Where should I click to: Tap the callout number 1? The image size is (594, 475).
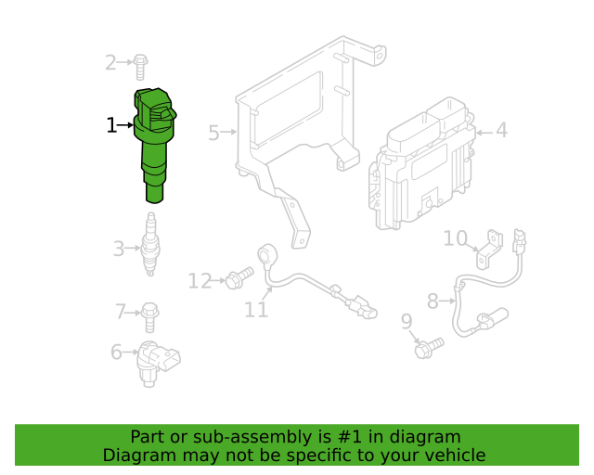[111, 125]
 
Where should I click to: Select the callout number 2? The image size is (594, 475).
[110, 63]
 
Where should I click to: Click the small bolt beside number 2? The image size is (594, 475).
[140, 66]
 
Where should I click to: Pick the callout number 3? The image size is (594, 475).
[119, 249]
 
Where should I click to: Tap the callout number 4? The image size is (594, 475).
[501, 131]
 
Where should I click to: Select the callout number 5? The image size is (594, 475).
[213, 133]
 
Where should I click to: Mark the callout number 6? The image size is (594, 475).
[117, 352]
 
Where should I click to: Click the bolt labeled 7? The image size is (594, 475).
[150, 315]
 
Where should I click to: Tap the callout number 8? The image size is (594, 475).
[433, 301]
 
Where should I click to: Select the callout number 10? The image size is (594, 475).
[455, 239]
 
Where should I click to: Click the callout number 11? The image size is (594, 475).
[256, 311]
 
